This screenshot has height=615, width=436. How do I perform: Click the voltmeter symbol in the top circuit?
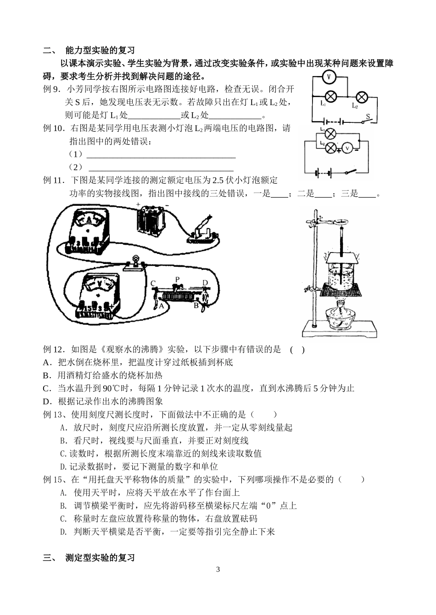coord(329,77)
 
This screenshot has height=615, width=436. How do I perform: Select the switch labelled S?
coord(366,120)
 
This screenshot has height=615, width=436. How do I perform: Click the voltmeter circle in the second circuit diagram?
coord(347,148)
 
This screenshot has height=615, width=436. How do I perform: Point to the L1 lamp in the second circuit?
coord(329,134)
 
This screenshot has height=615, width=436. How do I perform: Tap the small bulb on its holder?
coord(135,262)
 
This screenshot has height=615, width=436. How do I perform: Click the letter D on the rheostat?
coord(205,283)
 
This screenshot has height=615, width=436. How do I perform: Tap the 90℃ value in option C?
coord(110,388)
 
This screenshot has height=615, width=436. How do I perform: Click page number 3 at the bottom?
coord(218,570)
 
